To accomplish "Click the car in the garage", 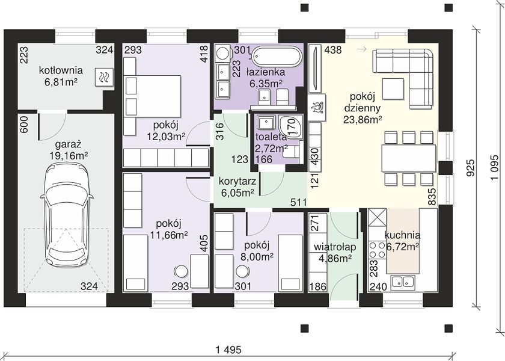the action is (x=67, y=214).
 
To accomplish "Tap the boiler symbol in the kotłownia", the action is (x=104, y=78).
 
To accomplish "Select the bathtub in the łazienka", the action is (x=277, y=57).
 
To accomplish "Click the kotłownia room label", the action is (x=61, y=70).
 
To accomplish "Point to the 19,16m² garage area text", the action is (x=69, y=156).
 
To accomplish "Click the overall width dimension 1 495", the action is (x=229, y=349).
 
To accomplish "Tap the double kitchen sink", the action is (x=403, y=282).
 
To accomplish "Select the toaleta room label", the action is (x=271, y=137).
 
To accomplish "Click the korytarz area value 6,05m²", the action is (x=237, y=193).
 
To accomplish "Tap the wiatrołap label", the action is (x=335, y=247).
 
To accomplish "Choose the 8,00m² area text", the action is (x=257, y=256).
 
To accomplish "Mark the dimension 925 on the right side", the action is (x=471, y=168).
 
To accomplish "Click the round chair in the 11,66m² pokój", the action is (x=182, y=271).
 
